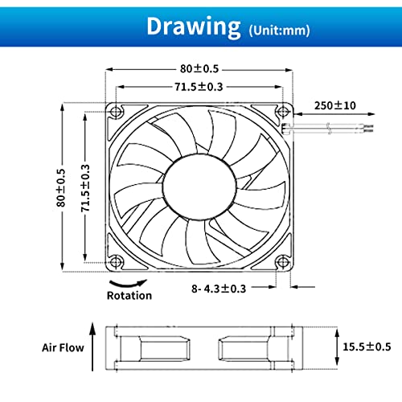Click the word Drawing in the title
[193, 26]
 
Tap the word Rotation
[129, 295]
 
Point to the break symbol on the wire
[331, 128]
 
